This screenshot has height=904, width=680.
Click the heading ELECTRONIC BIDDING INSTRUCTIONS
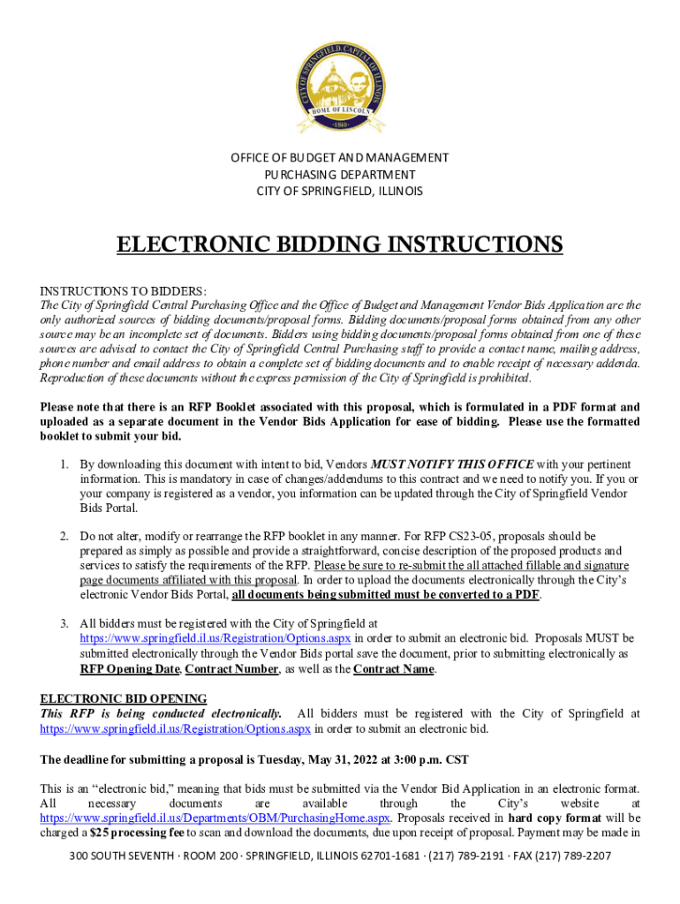pos(340,245)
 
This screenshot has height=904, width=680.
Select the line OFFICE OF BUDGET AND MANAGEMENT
pos(340,158)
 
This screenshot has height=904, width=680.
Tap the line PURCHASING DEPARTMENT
pos(340,175)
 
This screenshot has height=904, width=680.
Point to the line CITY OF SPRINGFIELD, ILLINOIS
pos(340,192)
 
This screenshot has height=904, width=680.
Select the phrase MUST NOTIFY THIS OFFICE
pos(452,464)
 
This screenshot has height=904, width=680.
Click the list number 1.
pos(64,464)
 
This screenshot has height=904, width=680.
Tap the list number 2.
pos(64,536)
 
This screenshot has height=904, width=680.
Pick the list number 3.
pos(64,623)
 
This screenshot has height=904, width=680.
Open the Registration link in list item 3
pos(215,638)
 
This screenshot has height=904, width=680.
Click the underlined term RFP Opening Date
pos(129,669)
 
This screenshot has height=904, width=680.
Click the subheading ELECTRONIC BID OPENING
pos(124,698)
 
